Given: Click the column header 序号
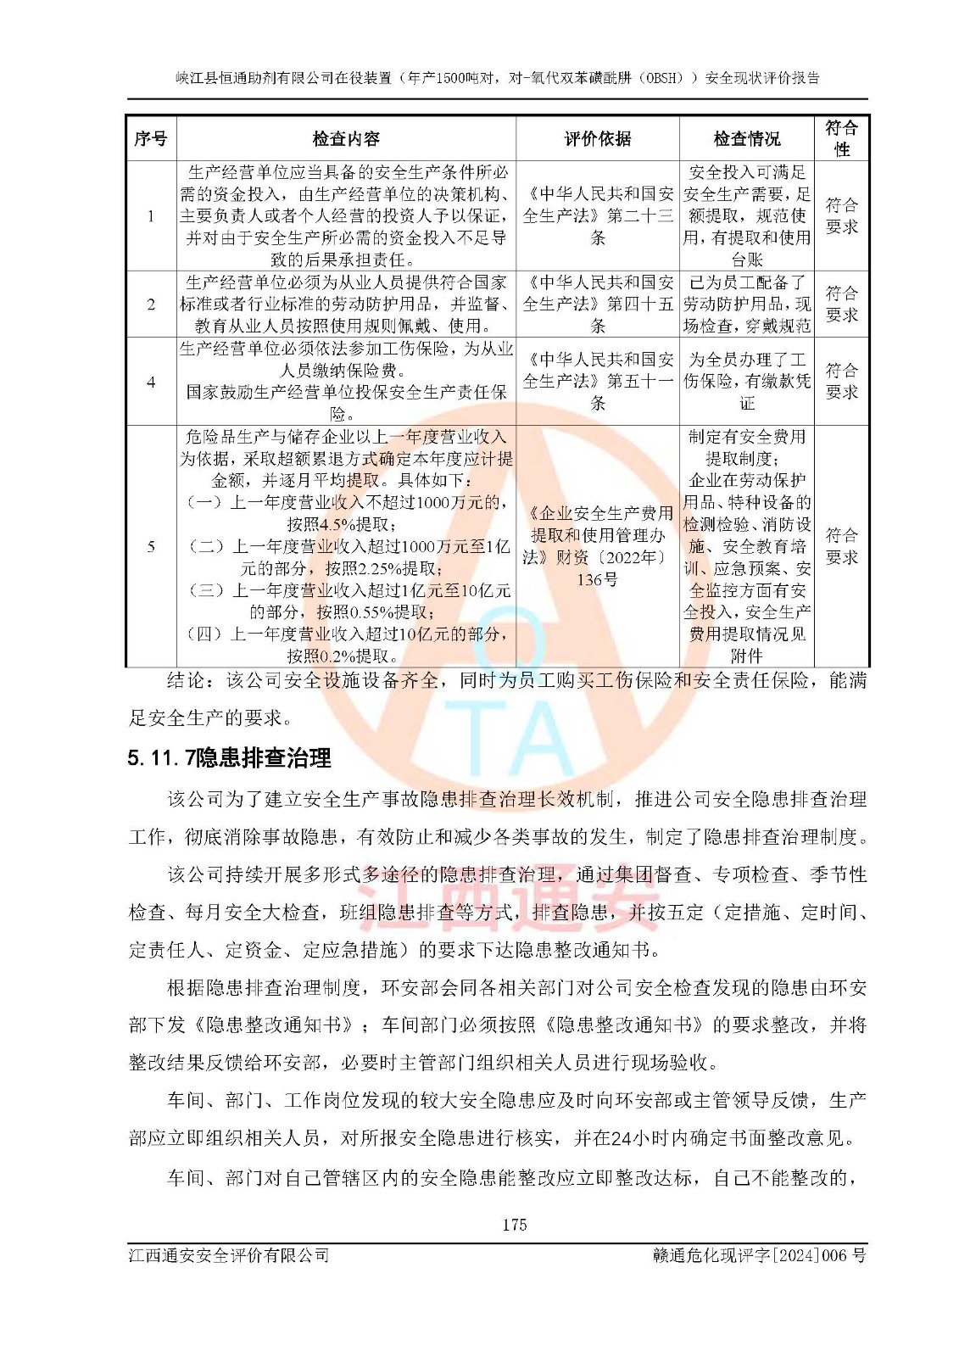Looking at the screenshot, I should click(151, 139).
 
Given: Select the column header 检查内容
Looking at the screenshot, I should click(346, 139).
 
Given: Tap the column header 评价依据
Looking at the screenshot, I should click(597, 139).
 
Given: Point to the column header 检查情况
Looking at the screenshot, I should click(746, 139).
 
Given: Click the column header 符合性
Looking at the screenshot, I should click(841, 138).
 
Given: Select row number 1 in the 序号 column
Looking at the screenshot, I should click(151, 216).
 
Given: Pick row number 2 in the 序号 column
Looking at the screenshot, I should click(151, 304).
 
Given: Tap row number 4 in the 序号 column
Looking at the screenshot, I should click(151, 382).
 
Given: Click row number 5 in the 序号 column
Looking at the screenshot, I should click(151, 546).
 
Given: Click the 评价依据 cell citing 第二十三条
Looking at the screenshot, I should click(597, 216).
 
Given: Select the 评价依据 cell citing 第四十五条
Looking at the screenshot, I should click(597, 304).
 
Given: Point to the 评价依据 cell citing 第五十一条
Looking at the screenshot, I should click(597, 382).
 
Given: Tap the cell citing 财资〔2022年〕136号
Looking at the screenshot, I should click(597, 546).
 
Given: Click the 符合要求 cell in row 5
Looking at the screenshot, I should click(841, 546).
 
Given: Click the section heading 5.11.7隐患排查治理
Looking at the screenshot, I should click(229, 757).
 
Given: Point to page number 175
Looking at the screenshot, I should click(514, 1225).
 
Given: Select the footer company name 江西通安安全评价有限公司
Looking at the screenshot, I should click(229, 1255).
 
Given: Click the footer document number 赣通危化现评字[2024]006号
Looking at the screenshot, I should click(759, 1255).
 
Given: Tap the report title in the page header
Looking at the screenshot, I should click(498, 78).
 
